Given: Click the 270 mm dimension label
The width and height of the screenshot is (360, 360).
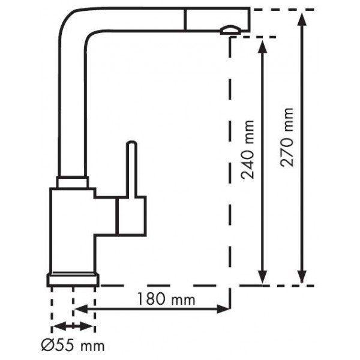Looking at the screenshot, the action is click(287, 137).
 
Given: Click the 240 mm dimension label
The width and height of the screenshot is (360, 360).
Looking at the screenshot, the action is click(247, 149).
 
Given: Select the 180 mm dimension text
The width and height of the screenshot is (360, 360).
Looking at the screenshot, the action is click(166, 299).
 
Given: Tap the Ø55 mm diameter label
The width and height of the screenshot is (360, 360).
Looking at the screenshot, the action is click(73, 346).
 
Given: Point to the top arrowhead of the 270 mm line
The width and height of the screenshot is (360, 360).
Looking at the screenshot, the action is click(302, 19).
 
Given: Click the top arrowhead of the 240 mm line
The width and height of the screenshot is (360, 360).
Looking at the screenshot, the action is click(262, 46).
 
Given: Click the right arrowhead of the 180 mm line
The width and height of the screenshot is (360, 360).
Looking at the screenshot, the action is click(223, 309).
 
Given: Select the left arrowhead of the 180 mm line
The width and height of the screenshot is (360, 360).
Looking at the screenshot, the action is click(81, 309).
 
